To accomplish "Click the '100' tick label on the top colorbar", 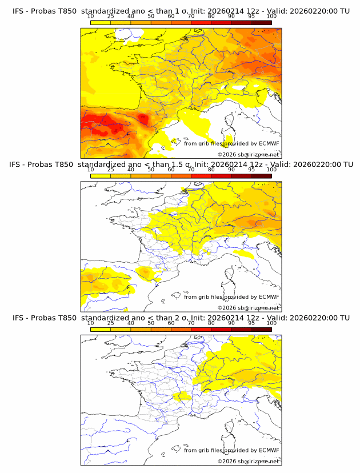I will pyautogui.click(x=271, y=16).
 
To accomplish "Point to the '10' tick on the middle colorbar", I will pyautogui.click(x=91, y=170).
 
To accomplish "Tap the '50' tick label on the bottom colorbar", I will pyautogui.click(x=151, y=323).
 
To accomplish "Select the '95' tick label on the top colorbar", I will pyautogui.click(x=251, y=16).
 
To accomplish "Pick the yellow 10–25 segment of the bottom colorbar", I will pyautogui.click(x=101, y=330).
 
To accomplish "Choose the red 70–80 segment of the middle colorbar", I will pyautogui.click(x=201, y=177).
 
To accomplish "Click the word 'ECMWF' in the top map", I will pyautogui.click(x=269, y=144).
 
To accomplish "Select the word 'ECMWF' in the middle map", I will pyautogui.click(x=269, y=297).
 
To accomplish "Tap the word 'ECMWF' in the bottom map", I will pyautogui.click(x=269, y=450).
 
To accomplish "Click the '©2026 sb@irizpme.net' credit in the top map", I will pyautogui.click(x=249, y=155).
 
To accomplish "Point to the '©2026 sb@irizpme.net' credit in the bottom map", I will pyautogui.click(x=249, y=461).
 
